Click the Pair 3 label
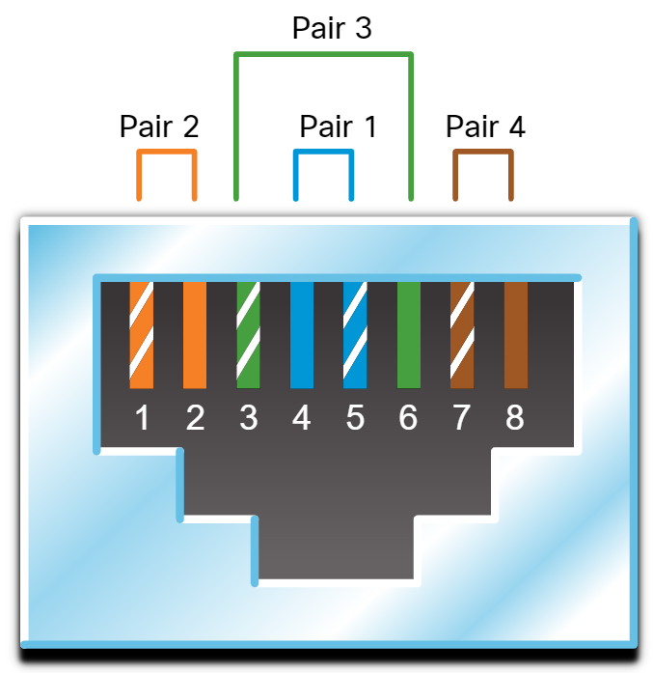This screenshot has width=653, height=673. point(332,28)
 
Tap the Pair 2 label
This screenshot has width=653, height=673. point(159,126)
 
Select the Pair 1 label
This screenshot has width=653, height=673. point(339,126)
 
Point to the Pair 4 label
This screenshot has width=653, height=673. point(485,126)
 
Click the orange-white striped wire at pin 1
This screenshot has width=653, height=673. point(142,334)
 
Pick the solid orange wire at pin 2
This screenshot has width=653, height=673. point(195,334)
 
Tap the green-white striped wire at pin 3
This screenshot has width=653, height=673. point(249,334)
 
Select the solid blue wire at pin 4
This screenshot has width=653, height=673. point(302,334)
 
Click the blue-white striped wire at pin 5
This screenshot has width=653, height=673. point(355,334)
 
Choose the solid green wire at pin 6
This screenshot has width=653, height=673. point(409,334)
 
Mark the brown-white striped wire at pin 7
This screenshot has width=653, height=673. point(462,334)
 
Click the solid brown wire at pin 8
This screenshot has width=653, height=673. point(516,334)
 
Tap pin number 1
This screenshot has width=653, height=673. point(142,419)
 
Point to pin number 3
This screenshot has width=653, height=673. point(249,419)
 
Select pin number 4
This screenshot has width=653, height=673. point(302,419)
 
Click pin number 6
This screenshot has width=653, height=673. point(408,419)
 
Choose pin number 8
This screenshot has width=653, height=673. point(515,419)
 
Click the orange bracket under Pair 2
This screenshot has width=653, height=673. point(167,153)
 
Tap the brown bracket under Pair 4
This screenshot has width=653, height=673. point(482,153)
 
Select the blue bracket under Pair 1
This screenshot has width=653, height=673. point(323,153)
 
